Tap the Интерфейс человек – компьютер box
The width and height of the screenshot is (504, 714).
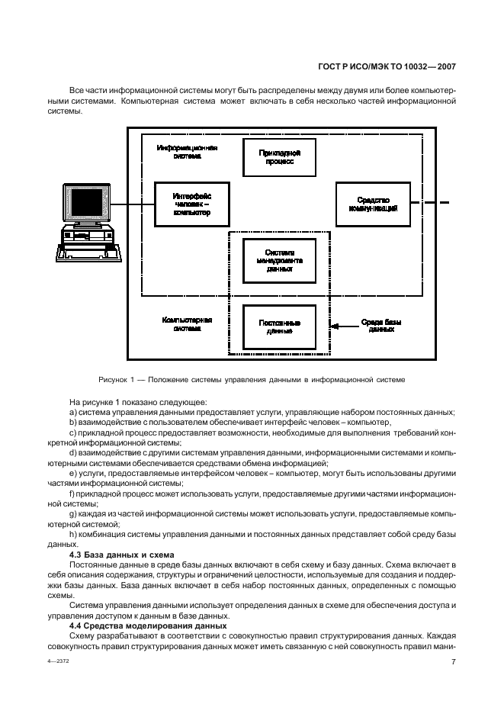[191, 204]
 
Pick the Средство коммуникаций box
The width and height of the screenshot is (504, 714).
[369, 204]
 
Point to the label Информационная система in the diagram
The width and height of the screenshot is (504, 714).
[188, 151]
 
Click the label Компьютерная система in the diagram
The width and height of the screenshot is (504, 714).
[187, 324]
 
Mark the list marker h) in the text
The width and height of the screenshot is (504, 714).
[73, 535]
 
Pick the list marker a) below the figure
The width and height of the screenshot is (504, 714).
[73, 412]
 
